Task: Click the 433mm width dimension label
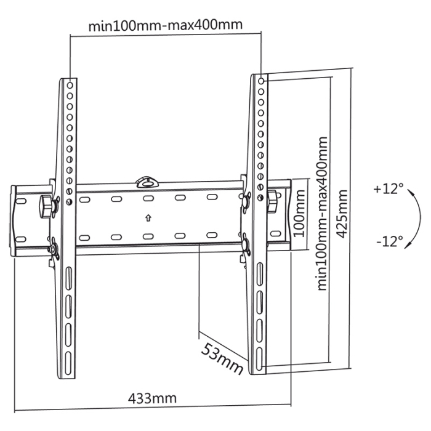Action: pos(152,398)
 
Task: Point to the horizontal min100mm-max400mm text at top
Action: pos(165,25)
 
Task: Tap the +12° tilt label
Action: pos(387,189)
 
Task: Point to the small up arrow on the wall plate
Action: pos(148,217)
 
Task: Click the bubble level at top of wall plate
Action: pos(147,181)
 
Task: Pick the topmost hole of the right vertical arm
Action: pos(262,80)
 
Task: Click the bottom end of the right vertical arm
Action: pos(257,369)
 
